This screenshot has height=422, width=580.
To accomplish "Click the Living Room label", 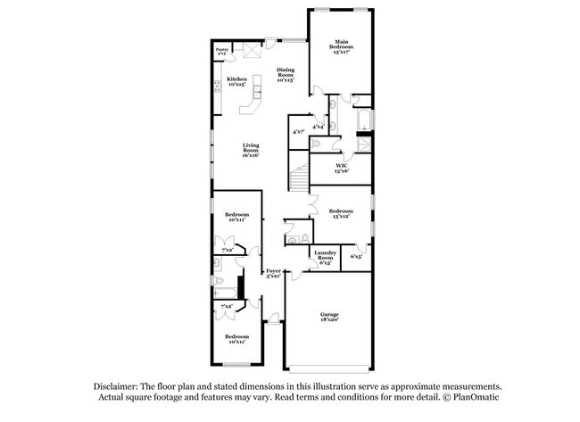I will click(x=251, y=152).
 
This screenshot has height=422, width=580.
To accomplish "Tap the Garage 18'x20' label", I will click(x=328, y=318).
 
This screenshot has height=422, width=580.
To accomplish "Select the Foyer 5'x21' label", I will click(x=272, y=273).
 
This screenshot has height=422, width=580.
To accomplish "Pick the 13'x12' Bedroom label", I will click(x=341, y=213).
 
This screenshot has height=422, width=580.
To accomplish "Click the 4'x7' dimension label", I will click(x=299, y=131).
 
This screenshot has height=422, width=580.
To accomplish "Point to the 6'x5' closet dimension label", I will click(x=356, y=256).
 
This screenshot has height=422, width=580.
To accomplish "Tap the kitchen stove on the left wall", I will click(x=217, y=87).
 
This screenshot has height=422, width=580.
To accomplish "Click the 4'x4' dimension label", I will click(x=318, y=127).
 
